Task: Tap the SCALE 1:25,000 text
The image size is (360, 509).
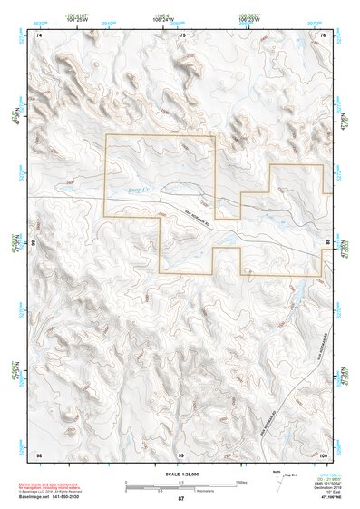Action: pyautogui.click(x=180, y=475)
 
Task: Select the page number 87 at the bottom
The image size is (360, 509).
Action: pyautogui.click(x=180, y=499)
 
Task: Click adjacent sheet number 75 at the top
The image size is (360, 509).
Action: pyautogui.click(x=182, y=34)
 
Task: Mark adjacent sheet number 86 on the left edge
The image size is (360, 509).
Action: pyautogui.click(x=35, y=244)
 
